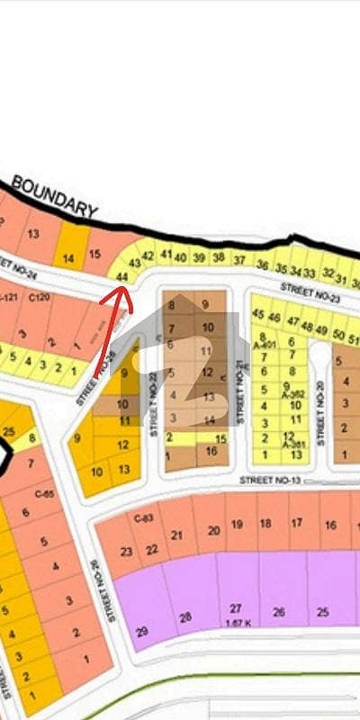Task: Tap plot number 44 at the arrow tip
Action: (x=122, y=276)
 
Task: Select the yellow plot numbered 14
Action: (x=68, y=259)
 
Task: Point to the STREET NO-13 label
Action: (x=269, y=481)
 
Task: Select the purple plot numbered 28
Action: (x=185, y=617)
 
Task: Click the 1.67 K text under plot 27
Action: (x=235, y=624)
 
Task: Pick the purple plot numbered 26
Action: (x=278, y=613)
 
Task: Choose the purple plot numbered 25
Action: (x=321, y=613)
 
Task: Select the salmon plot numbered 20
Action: (x=213, y=530)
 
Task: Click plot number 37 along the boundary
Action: (x=238, y=260)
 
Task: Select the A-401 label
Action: (x=263, y=345)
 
